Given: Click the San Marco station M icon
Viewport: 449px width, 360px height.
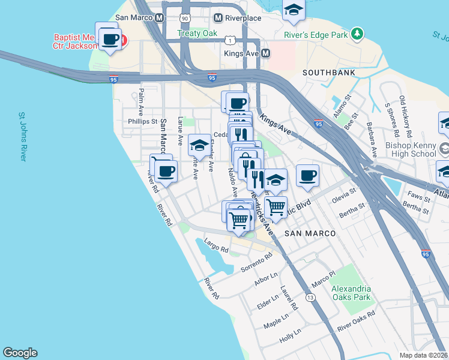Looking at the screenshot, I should click(x=159, y=18).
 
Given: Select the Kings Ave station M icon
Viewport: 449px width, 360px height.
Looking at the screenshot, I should click(x=265, y=53).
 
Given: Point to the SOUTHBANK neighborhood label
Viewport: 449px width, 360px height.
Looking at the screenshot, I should click(x=328, y=73).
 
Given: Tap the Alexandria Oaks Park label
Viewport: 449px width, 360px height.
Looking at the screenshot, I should click(x=351, y=293).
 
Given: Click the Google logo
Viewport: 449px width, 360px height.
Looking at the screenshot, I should click(x=20, y=353).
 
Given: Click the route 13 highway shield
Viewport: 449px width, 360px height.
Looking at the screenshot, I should click(x=310, y=298).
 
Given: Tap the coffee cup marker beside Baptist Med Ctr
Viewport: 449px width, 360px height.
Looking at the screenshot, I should click(x=109, y=39).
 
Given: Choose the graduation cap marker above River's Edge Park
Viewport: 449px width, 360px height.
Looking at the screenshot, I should click(x=294, y=9).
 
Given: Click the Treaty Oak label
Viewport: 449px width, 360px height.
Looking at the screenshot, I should click(x=197, y=34).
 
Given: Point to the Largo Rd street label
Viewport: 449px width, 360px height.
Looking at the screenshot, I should click(x=216, y=246).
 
